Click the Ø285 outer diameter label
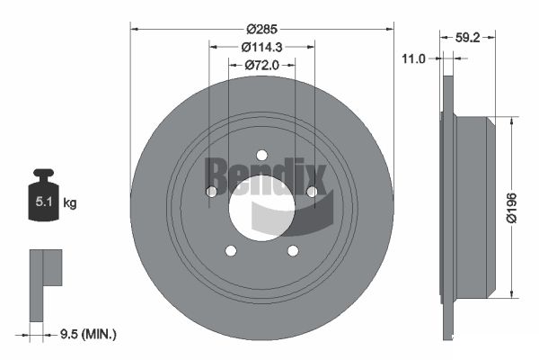261,30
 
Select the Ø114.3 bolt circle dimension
261,47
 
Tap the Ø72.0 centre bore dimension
261,65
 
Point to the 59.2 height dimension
467,37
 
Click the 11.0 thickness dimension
413,58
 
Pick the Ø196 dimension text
511,208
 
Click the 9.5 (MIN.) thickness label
88,334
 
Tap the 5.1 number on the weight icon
44,202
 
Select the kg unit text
70,203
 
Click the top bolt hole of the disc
262,156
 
